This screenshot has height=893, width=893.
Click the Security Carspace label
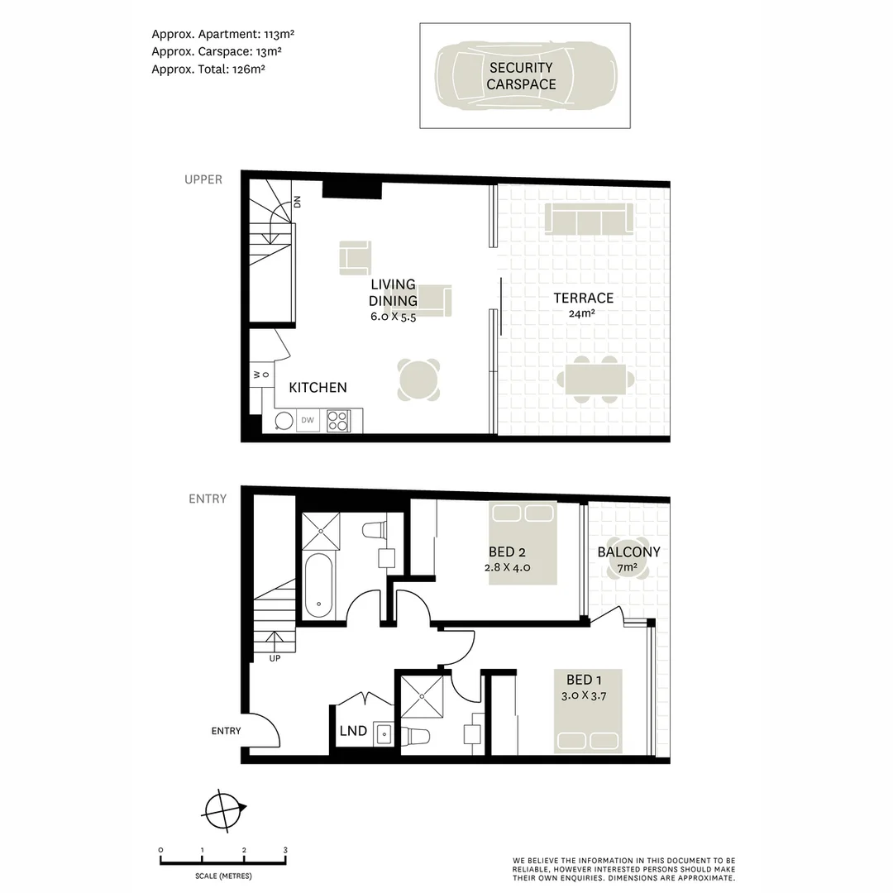pos(521,76)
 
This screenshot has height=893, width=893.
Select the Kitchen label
pos(318,387)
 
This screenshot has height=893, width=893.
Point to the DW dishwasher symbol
pos(308,421)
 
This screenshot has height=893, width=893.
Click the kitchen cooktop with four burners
pos(338,422)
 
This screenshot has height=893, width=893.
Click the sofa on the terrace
pos(589,218)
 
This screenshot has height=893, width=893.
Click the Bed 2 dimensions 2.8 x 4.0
pos(507,568)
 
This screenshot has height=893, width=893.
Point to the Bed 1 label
pos(584,680)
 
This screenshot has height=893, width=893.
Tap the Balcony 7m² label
pos(628,559)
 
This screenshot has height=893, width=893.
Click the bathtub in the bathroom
pos(318,585)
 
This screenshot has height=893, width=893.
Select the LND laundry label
pos(354,731)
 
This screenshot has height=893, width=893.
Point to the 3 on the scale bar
pos(285,850)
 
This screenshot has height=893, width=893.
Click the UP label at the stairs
pos(275,659)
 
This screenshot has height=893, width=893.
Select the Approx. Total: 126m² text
pos(208,69)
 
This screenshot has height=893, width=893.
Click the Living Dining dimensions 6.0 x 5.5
pos(393,316)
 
